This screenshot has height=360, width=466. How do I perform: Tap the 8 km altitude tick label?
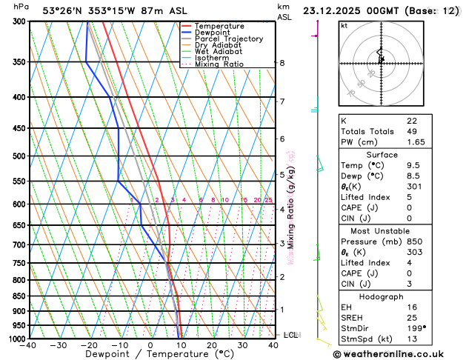click(x=282, y=63)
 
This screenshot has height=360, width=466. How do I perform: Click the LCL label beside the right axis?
click(x=290, y=335)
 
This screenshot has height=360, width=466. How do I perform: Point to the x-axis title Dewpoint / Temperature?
click(x=151, y=355)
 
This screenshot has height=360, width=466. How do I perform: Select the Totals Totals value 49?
click(x=412, y=131)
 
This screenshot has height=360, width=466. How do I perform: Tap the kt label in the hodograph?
click(x=344, y=25)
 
